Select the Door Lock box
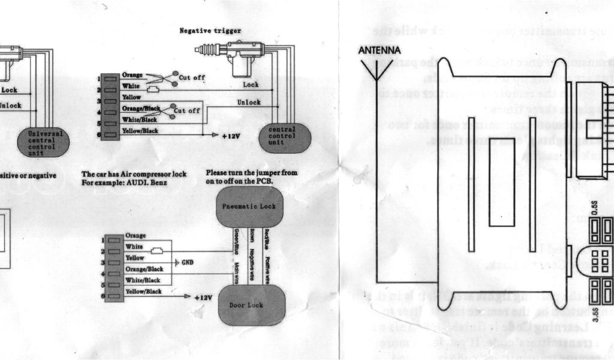[251, 305]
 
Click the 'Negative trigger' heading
[210, 31]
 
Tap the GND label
[187, 263]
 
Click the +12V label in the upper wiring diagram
[231, 136]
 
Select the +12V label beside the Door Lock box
[204, 296]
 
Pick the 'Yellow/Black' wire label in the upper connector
[140, 131]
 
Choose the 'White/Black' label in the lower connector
[143, 280]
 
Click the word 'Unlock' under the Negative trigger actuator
[249, 103]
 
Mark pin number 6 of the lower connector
[103, 296]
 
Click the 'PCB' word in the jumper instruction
[264, 181]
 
